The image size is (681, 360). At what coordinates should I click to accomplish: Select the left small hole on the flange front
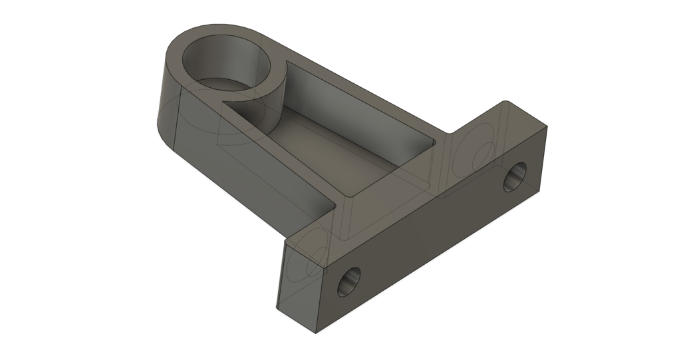[x=349, y=281]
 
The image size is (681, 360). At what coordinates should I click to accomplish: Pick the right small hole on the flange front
[x=515, y=177]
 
